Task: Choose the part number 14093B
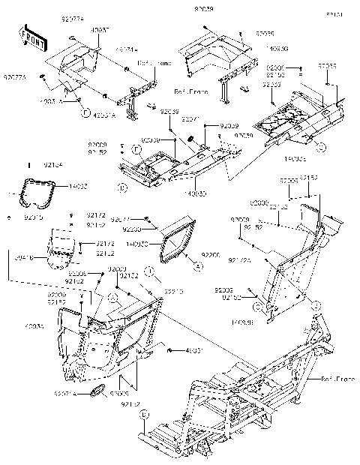point(241,322)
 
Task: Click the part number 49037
point(100,31)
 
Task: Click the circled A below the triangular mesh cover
point(198,265)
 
